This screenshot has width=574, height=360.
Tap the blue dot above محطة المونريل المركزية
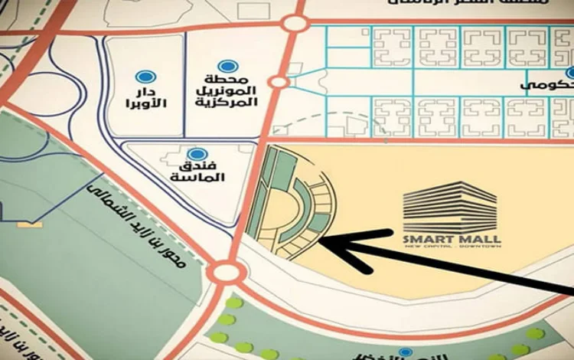[225, 67]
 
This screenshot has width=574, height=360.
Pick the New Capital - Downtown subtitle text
[451, 248]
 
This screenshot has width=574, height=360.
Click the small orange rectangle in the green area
[31, 226]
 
